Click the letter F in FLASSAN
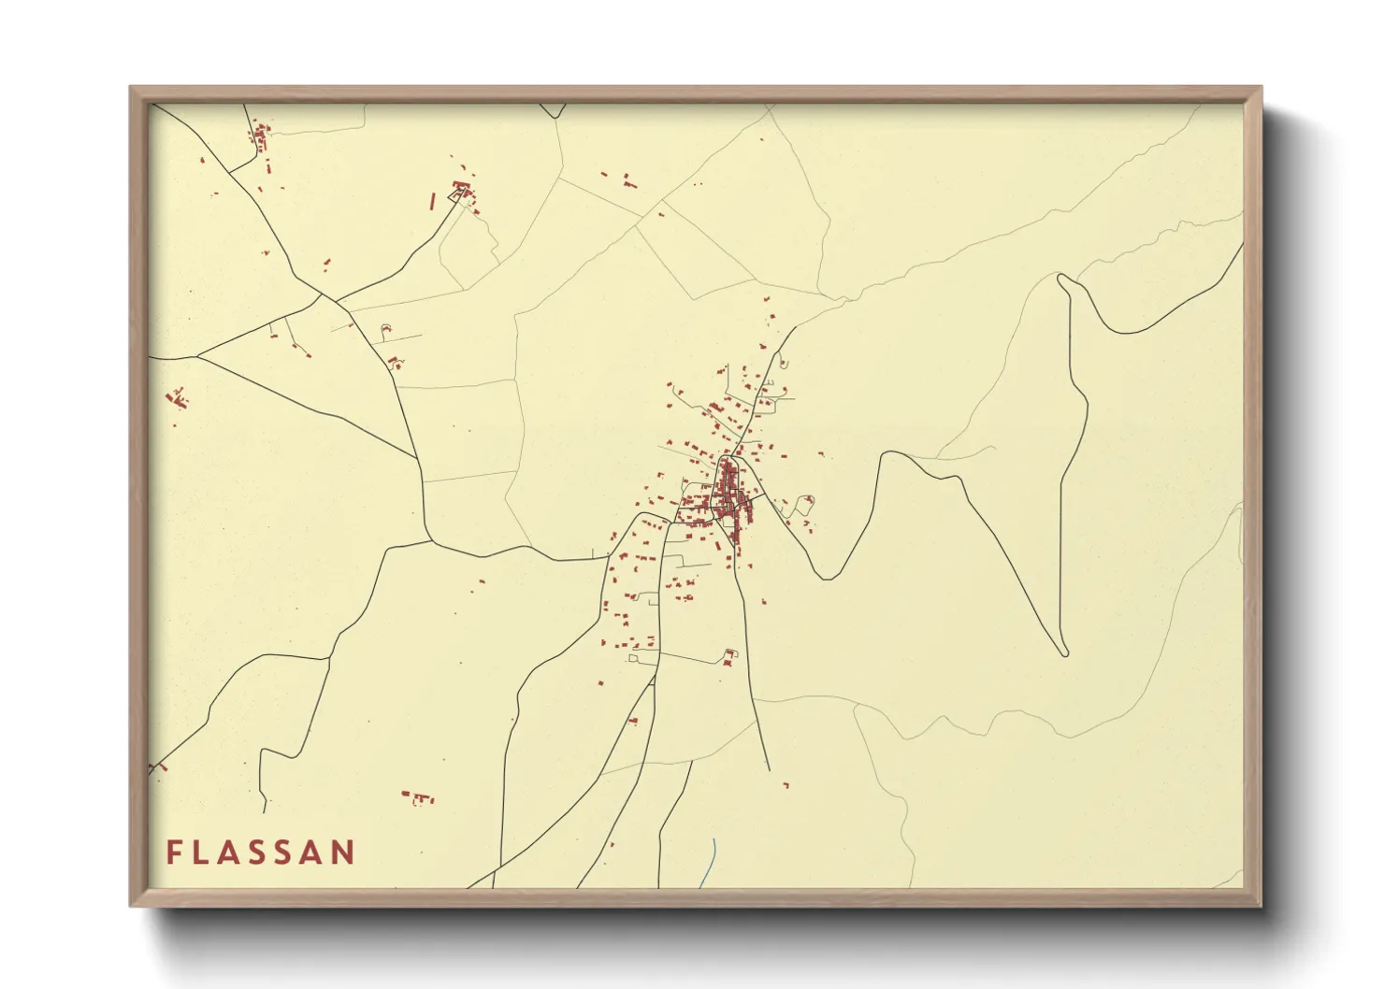click(174, 853)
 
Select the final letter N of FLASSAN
click(343, 853)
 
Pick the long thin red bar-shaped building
click(432, 201)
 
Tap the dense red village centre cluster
click(729, 495)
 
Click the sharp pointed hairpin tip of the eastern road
click(1063, 652)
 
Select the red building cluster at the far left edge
click(177, 399)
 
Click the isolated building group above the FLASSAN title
click(420, 797)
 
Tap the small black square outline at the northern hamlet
click(459, 193)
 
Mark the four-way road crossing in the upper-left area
click(322, 296)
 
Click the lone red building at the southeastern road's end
click(786, 784)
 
